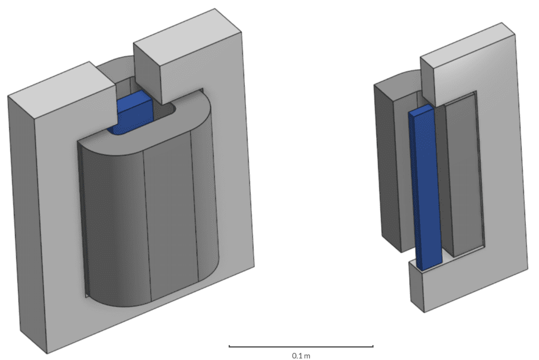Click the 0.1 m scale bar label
pos(301,356)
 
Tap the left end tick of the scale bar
pos(229,346)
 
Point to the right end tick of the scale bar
pos(373,346)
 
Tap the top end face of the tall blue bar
pos(421,109)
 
